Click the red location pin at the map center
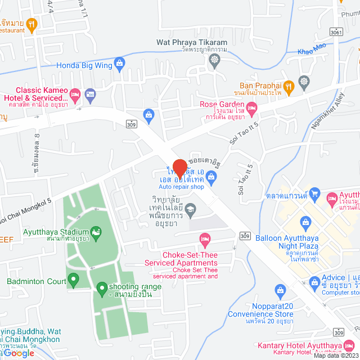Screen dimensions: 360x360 point(179,168)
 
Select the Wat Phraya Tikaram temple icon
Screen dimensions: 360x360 point(214,60)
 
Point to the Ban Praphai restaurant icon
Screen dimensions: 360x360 point(289,86)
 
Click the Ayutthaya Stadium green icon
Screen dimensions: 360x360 point(96,232)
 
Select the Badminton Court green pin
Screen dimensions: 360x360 point(73,280)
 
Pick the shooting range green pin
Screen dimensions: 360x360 point(102,289)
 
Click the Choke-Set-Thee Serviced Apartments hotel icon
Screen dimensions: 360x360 point(205,241)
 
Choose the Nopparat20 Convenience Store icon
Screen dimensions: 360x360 point(281,290)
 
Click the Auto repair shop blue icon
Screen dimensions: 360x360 point(211,178)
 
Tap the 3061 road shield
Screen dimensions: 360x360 point(336,33)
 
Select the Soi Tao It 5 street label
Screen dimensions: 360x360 point(243,133)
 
